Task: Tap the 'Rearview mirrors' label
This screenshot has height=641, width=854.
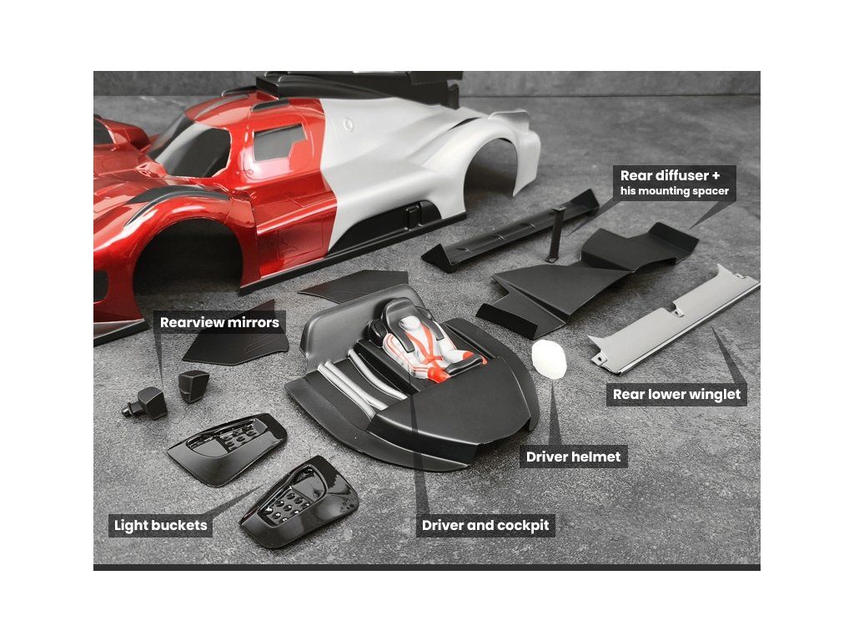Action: [219, 322]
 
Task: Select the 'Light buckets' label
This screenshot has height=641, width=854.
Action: [160, 525]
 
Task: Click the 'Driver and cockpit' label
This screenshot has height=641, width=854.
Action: [485, 525]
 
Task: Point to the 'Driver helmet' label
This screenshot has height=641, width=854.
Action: [573, 457]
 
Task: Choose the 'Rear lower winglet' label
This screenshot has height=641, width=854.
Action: [676, 394]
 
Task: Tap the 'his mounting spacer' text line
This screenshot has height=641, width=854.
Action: [674, 191]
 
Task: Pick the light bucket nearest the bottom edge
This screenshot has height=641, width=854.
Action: [299, 501]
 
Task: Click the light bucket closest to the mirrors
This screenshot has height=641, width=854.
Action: [227, 448]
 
